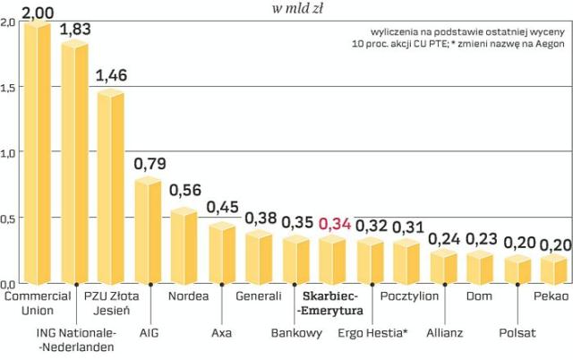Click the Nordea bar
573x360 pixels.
tap(184, 246)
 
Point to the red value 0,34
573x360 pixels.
tap(335, 224)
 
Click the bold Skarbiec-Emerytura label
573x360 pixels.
tap(330, 304)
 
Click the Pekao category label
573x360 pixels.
tap(551, 296)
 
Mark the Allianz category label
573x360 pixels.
tap(444, 333)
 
